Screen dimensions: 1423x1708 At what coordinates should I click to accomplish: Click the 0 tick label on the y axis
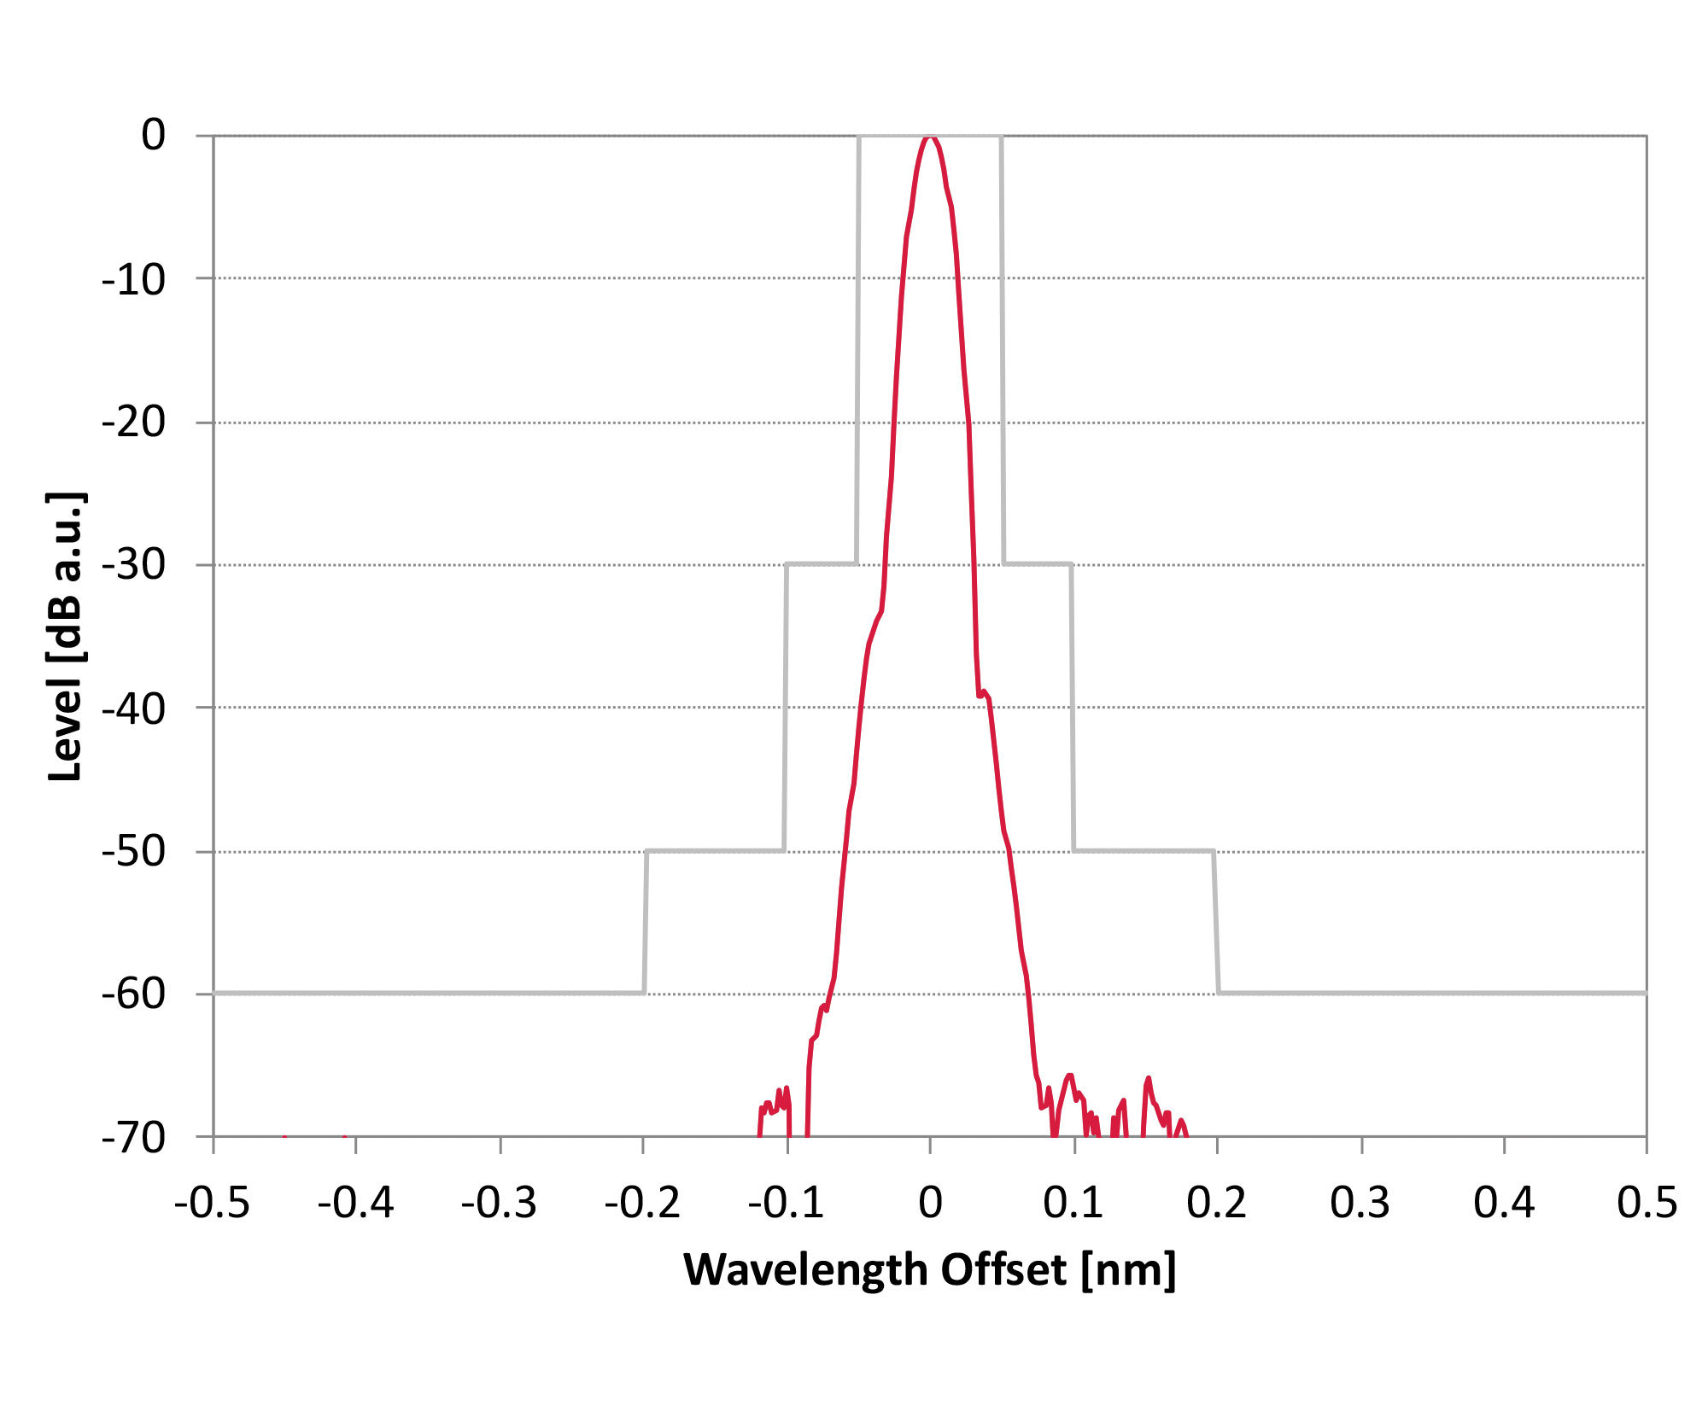(x=154, y=135)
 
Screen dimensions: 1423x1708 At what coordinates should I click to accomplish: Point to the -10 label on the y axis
(x=134, y=279)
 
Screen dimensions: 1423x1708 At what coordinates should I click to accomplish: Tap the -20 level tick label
(x=134, y=422)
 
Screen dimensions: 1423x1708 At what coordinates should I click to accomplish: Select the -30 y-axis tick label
(x=134, y=564)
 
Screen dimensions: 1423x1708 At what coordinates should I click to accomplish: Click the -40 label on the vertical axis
(x=134, y=708)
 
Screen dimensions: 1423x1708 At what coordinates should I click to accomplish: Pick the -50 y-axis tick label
(x=134, y=851)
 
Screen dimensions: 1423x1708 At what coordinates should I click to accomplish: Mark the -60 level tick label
(x=134, y=994)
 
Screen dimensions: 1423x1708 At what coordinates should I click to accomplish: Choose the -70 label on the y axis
(x=134, y=1137)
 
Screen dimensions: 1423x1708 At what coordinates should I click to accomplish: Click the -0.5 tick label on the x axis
(x=212, y=1203)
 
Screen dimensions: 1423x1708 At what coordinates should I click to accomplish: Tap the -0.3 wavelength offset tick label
(x=499, y=1203)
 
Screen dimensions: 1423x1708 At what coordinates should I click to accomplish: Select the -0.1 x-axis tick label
(x=786, y=1203)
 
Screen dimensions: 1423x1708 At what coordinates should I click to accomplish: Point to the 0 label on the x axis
(x=930, y=1203)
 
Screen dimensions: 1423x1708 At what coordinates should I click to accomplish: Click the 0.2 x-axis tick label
(x=1216, y=1203)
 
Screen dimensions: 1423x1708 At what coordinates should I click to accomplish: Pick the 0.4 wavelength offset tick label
(x=1504, y=1203)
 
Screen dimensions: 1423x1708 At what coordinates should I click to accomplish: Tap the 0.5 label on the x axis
(x=1647, y=1203)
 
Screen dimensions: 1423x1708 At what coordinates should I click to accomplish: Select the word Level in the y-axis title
(x=65, y=731)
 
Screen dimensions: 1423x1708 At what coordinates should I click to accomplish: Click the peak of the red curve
(x=930, y=137)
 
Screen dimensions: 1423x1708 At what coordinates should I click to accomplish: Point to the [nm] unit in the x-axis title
(x=1128, y=1270)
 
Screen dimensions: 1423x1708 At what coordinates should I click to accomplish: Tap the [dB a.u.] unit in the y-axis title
(x=65, y=578)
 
